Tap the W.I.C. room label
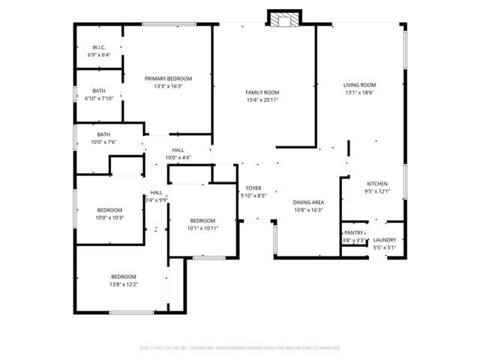99,47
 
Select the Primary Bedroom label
168,78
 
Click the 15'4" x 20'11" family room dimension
262,100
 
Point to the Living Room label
359,85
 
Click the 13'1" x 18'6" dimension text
359,92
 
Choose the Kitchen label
376,184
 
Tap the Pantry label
353,233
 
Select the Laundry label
385,240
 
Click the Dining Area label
307,202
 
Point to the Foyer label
253,187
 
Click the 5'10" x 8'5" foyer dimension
253,195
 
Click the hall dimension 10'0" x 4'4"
178,157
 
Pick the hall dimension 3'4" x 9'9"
157,199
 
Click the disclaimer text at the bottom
240,348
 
